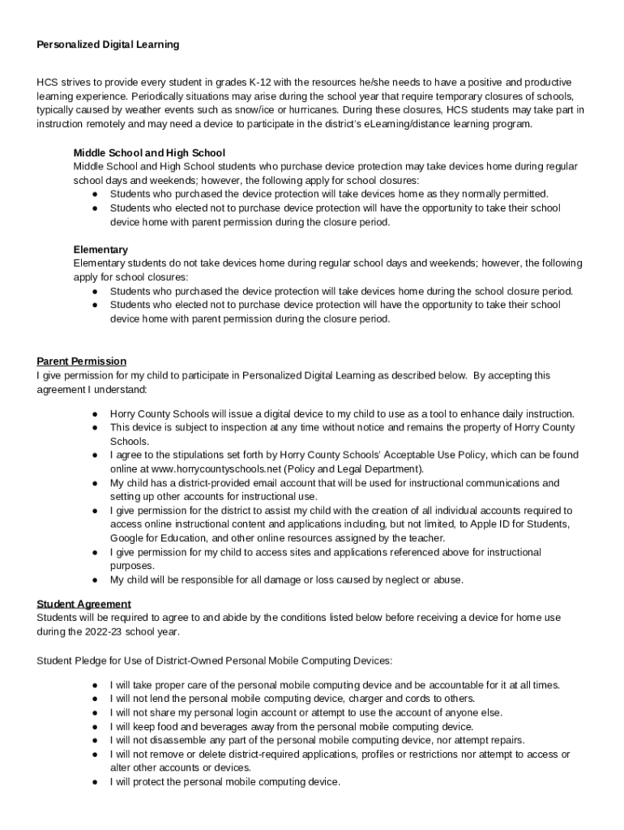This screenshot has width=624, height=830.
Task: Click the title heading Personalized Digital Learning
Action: click(x=108, y=45)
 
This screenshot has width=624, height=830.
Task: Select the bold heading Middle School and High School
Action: click(x=149, y=152)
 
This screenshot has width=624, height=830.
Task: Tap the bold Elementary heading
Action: click(x=100, y=250)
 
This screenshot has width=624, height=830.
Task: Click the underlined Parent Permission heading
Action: click(x=81, y=361)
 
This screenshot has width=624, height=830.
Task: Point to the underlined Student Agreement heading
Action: click(x=83, y=604)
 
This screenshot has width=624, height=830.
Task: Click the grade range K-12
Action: click(x=262, y=83)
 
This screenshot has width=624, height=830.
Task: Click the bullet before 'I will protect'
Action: click(x=96, y=782)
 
